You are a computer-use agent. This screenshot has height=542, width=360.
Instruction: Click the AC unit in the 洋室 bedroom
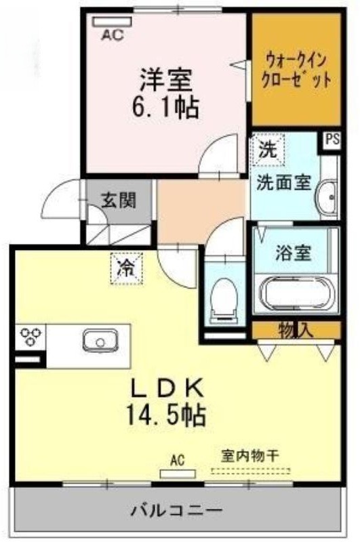tap(112, 22)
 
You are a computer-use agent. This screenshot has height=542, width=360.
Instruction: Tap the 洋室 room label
tap(165, 79)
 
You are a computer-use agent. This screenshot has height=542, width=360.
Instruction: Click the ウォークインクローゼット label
tap(296, 71)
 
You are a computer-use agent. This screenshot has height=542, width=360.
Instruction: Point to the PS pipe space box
tap(332, 140)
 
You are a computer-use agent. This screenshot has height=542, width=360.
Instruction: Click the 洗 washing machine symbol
tap(268, 149)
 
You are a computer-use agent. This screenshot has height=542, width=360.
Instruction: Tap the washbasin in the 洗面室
tap(327, 198)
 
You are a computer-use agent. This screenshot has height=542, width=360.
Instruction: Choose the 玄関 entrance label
tap(118, 200)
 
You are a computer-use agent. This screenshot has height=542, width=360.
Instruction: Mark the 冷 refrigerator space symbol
tap(126, 268)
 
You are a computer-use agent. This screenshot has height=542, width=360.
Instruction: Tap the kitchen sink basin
tap(100, 341)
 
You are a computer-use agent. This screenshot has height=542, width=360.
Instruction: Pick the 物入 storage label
tap(296, 330)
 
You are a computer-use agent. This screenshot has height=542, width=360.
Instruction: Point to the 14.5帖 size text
tap(166, 415)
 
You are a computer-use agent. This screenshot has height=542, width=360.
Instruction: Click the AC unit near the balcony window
tap(178, 474)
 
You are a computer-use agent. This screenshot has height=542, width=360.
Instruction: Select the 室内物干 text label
tap(250, 456)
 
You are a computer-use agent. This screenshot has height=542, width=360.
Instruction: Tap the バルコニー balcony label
tap(176, 510)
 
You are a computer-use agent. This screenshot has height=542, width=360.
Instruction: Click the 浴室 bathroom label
tap(294, 253)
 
